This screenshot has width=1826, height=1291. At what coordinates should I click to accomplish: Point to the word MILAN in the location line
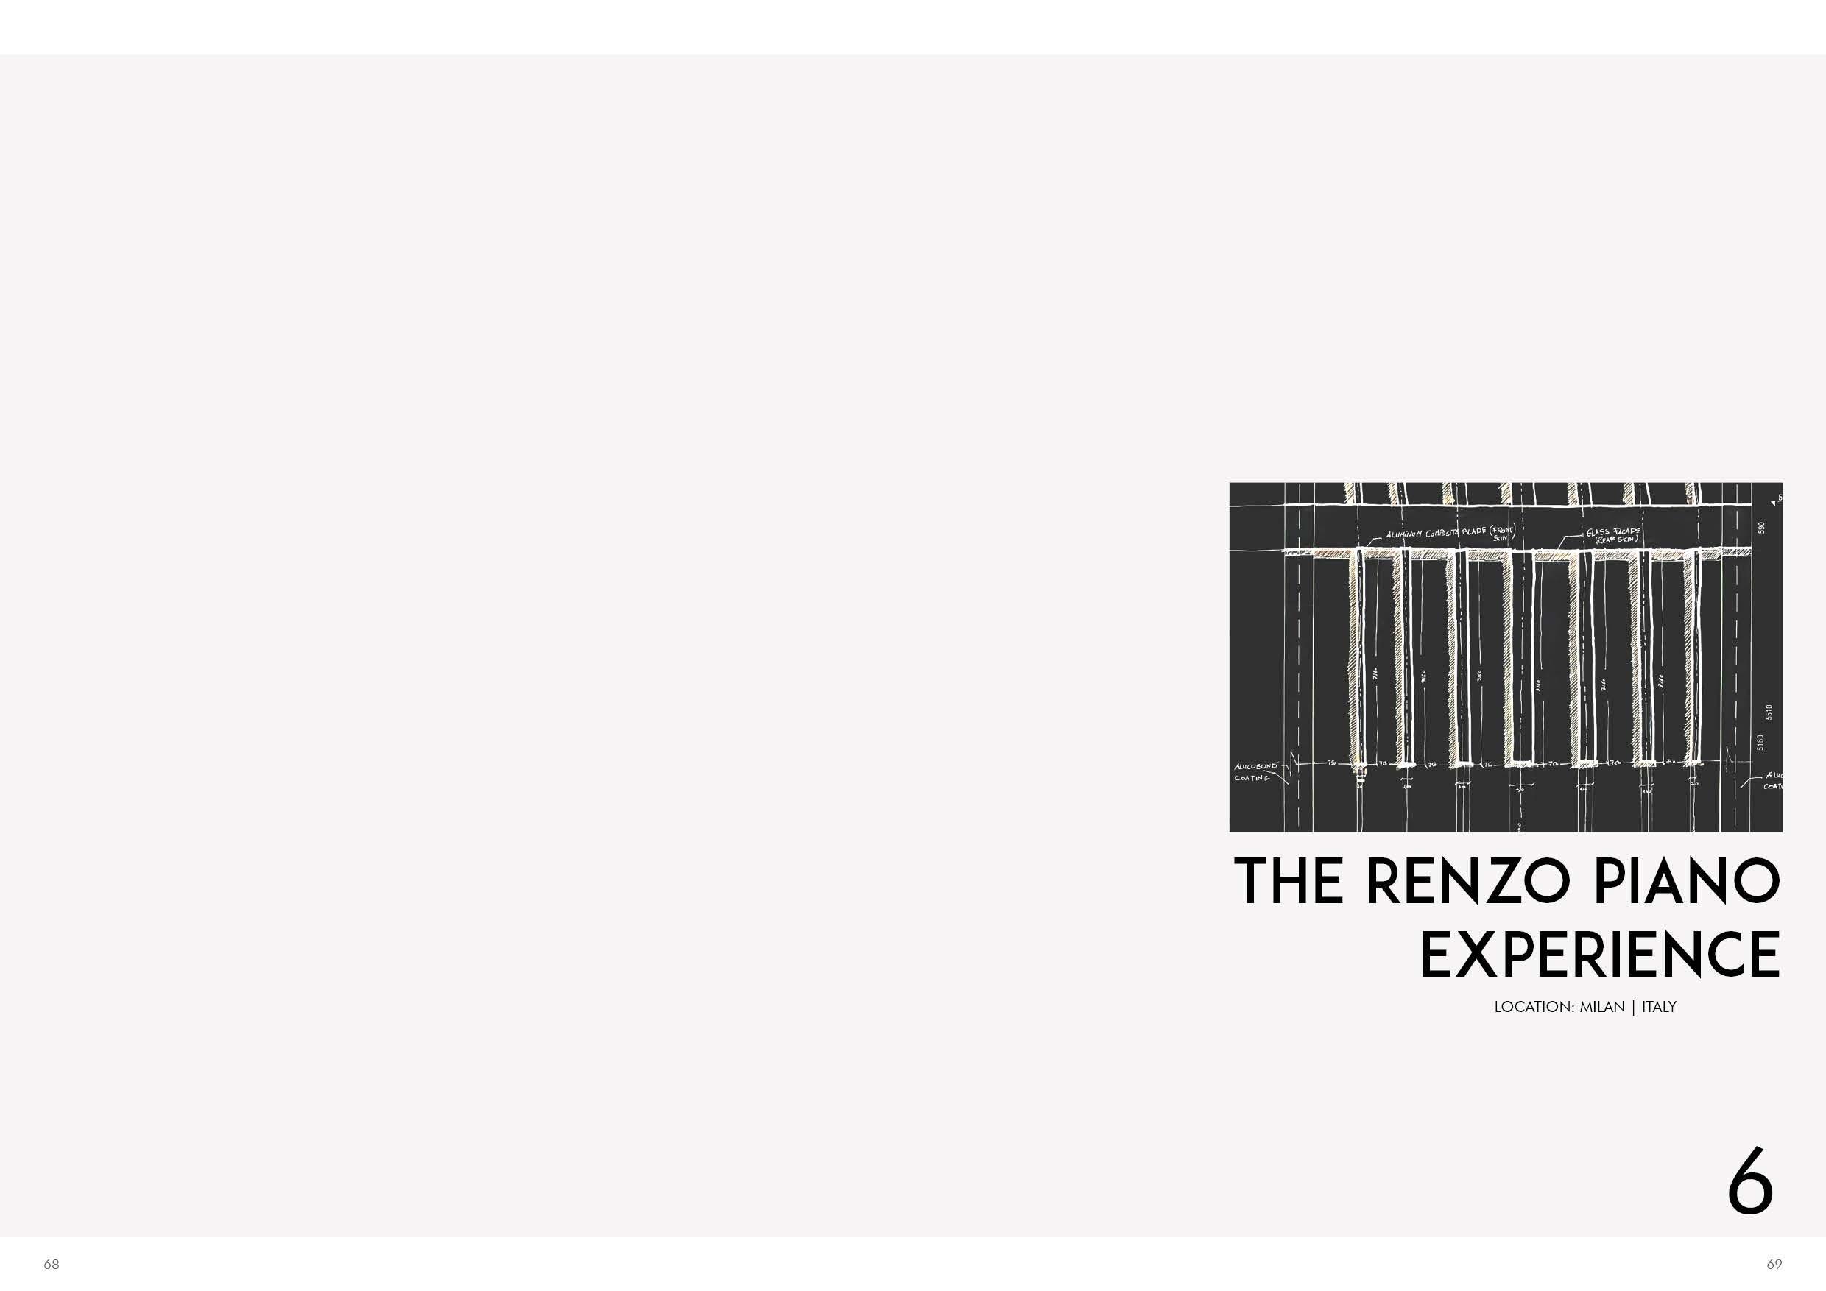pos(1602,1007)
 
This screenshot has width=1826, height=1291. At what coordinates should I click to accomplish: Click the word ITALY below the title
pos(1659,1007)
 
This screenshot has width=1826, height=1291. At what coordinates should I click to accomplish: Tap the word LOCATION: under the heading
pos(1535,1007)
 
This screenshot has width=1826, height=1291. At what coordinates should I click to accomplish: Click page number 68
pos(52,1264)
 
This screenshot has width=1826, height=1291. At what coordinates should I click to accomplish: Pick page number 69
pos(1774,1264)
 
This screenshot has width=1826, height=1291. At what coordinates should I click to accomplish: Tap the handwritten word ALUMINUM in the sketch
pos(1405,534)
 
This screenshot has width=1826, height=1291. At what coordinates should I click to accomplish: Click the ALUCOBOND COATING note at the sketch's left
pos(1254,772)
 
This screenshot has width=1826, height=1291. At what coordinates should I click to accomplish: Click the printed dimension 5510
pos(1769,712)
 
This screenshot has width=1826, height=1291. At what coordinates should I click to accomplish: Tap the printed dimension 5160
pos(1759,743)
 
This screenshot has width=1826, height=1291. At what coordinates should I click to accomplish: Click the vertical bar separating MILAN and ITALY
pos(1633,1007)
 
